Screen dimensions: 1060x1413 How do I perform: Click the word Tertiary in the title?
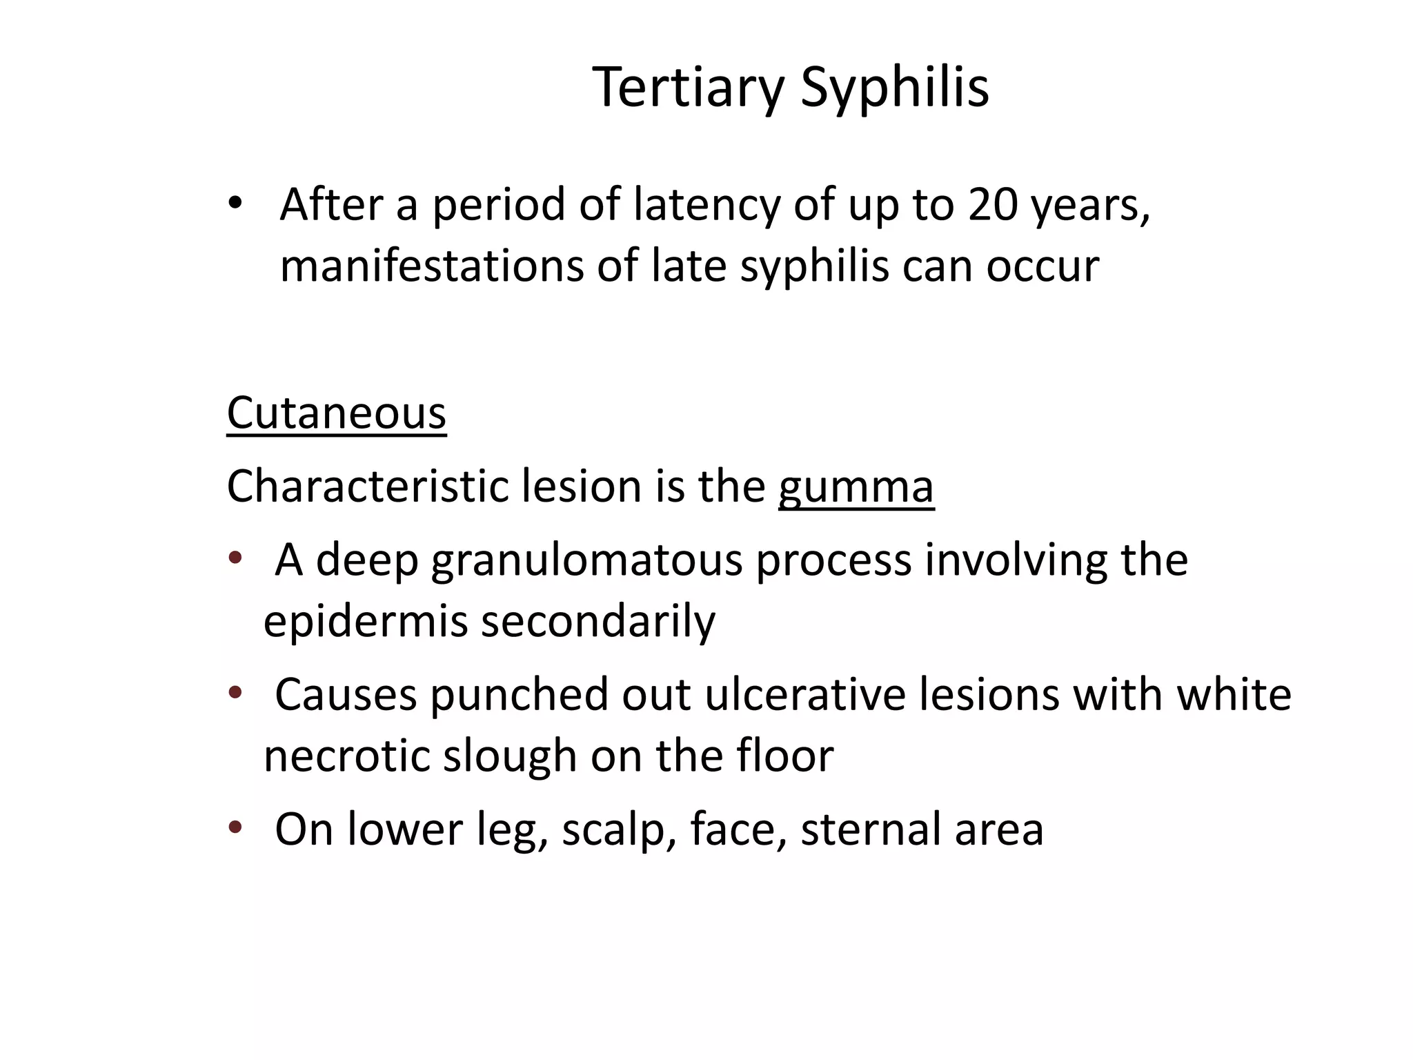coord(688,88)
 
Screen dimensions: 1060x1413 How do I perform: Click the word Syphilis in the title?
coord(895,88)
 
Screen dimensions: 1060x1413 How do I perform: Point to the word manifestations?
coord(431,266)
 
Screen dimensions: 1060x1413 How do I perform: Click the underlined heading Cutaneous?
coord(337,413)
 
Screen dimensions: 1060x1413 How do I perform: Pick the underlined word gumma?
coord(856,487)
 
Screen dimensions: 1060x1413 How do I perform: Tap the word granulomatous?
coord(586,560)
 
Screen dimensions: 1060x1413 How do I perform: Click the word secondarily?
coord(597,621)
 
